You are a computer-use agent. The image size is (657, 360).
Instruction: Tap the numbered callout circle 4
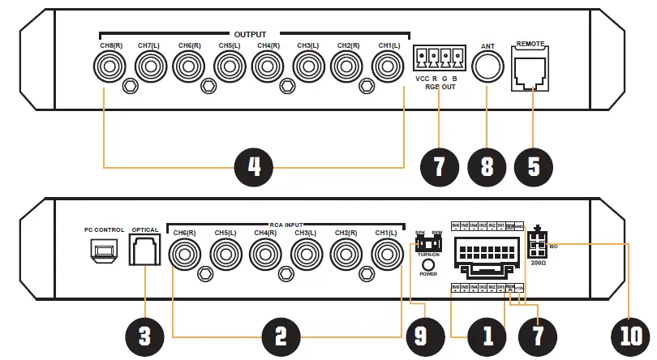coord(255,167)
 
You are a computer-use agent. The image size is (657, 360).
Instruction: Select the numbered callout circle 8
coord(486,167)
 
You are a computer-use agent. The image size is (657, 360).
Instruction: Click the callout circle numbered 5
coord(532,167)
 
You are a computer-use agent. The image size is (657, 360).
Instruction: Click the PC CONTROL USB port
coord(103,253)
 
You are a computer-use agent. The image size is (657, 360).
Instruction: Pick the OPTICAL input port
coord(144,252)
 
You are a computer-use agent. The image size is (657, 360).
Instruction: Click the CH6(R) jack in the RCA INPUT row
coord(185,255)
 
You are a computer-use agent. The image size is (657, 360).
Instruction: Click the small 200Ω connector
coord(538,243)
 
